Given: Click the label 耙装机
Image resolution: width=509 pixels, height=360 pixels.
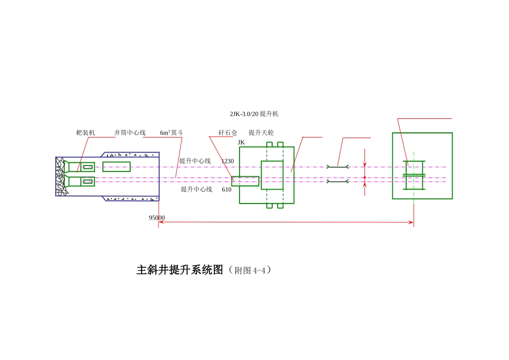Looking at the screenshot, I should click(86, 132).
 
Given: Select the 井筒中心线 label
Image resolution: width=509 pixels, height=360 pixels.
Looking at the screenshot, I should click(130, 132).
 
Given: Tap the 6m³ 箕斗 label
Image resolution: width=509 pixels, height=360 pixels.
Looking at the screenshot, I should click(171, 132).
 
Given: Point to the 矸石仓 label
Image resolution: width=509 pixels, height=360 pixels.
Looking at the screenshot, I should click(228, 132).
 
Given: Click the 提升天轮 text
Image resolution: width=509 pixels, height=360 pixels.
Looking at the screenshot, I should click(261, 132).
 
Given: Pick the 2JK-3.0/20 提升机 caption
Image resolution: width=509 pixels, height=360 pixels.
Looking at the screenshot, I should click(254, 114).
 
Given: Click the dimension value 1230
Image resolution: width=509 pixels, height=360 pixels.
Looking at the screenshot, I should click(228, 161).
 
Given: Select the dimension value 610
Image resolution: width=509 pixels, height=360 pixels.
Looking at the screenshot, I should click(227, 190).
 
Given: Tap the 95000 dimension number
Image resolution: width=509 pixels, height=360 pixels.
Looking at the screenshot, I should click(157, 218).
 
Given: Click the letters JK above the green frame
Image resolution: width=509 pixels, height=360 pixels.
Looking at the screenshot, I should click(241, 142).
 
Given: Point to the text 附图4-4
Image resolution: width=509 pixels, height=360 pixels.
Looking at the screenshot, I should click(250, 271).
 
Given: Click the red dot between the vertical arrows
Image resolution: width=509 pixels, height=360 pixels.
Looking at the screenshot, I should click(364, 177).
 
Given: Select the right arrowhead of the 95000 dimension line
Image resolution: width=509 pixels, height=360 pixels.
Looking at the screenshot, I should click(411, 222).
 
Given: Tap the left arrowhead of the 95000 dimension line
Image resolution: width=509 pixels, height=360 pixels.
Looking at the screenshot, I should click(161, 222).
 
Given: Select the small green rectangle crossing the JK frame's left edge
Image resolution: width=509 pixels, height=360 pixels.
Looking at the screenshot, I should click(245, 181).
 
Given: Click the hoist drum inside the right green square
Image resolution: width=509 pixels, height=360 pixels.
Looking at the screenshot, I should click(414, 175).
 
